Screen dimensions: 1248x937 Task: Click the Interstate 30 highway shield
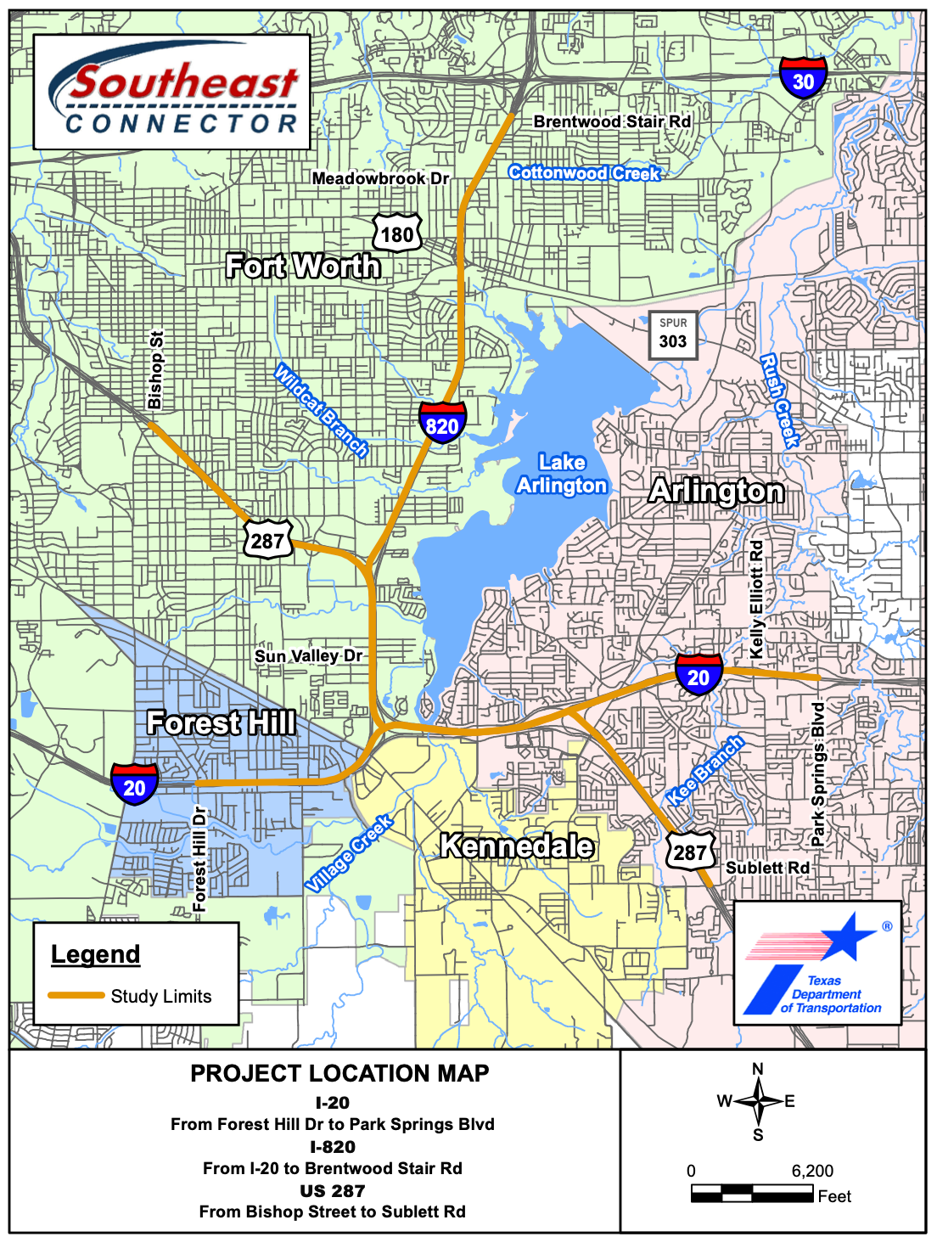(803, 78)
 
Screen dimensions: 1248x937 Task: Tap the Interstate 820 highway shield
(442, 423)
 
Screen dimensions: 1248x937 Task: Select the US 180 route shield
(397, 233)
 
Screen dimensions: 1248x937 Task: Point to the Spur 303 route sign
(673, 334)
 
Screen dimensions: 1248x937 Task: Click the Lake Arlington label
(562, 474)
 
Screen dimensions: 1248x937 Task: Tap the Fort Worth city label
(303, 267)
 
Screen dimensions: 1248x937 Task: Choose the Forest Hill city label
(222, 722)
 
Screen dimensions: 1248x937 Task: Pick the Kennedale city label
(517, 846)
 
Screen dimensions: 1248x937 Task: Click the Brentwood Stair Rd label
(612, 121)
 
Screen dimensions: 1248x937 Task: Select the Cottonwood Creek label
(585, 173)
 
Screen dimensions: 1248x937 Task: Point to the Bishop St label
(155, 370)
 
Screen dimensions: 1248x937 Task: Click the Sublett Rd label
(767, 868)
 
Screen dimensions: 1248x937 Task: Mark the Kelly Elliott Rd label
(757, 599)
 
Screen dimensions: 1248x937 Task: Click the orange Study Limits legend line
(76, 995)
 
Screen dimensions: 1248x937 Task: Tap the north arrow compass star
(758, 1101)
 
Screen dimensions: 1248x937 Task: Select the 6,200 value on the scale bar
(812, 1171)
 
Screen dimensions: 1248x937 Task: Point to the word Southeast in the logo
(184, 82)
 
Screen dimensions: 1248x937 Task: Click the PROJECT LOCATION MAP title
(339, 1073)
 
